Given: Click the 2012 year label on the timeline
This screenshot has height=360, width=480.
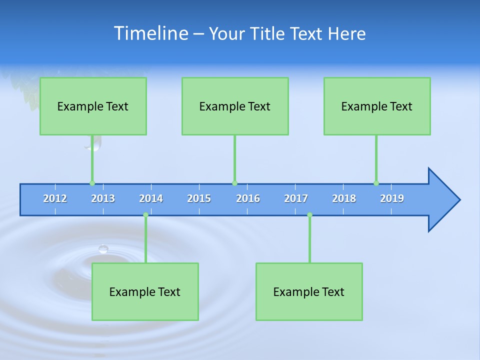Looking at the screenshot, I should (x=55, y=198).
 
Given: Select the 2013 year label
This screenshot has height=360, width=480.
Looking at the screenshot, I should (x=103, y=198).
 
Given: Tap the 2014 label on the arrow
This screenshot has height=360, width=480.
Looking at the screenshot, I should (x=151, y=198).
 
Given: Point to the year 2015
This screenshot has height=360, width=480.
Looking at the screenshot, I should (x=199, y=198).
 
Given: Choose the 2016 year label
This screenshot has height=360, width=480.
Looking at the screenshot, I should (x=248, y=198).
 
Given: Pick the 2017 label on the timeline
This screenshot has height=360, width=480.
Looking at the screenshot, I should (x=296, y=198).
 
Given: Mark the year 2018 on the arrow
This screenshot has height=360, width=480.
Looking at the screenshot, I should (x=344, y=198).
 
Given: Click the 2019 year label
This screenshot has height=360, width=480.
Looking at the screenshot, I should (x=392, y=198).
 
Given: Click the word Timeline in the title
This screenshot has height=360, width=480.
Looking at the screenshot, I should (x=149, y=33).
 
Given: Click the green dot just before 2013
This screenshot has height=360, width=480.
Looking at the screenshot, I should (x=92, y=183).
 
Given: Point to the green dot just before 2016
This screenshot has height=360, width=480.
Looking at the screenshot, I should (x=234, y=183).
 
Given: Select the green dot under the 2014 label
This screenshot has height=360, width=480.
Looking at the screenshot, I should (x=145, y=215).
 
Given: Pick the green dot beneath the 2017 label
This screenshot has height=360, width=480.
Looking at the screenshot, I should (x=309, y=215).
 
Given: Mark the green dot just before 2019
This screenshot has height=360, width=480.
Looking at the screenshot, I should (x=376, y=183).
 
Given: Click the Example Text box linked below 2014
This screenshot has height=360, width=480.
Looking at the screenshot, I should (x=145, y=291).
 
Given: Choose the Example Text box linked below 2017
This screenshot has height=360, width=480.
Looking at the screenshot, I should (x=309, y=291).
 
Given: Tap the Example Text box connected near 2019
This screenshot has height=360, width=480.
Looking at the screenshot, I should (x=377, y=106).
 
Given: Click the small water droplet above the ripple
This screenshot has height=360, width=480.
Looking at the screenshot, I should (x=103, y=249).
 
